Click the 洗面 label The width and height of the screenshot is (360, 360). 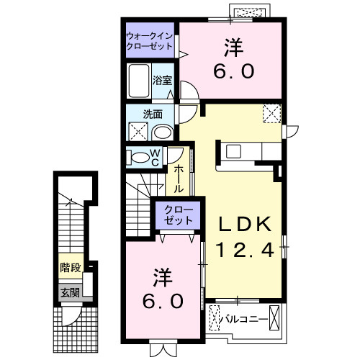click(152, 113)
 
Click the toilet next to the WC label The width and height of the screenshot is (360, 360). click(138, 158)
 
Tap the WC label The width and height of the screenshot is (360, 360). click(156, 158)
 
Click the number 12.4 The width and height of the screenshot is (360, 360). click(246, 250)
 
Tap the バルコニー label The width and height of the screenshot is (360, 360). click(244, 318)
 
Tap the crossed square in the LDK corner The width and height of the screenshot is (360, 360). click(272, 114)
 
